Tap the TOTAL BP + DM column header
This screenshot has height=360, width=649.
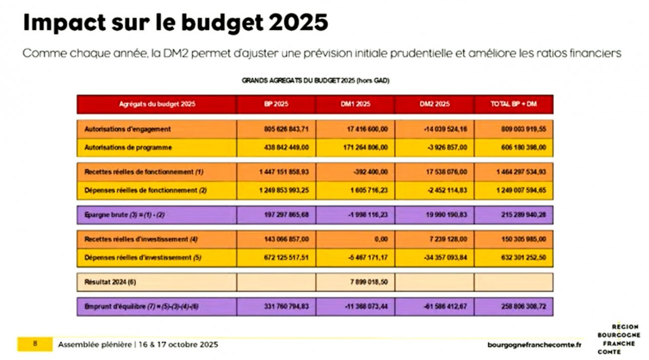tap(514, 104)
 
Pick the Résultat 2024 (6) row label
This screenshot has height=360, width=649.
tap(110, 282)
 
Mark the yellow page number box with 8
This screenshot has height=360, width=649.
tap(35, 344)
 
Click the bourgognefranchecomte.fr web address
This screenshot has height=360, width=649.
tap(534, 345)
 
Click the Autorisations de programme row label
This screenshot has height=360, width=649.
tap(128, 148)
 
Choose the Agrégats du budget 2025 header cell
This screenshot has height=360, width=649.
tap(157, 104)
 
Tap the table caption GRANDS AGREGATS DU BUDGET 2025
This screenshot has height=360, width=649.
tap(316, 80)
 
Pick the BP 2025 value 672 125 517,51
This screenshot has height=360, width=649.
tap(288, 258)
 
